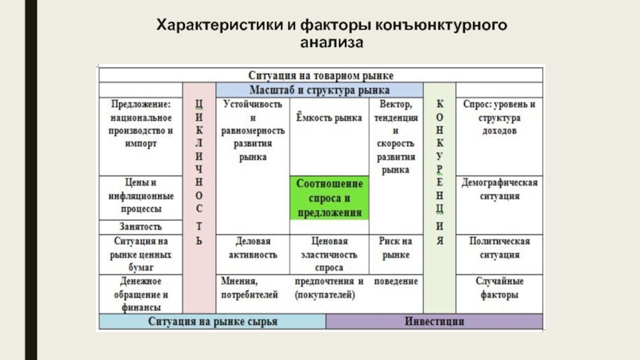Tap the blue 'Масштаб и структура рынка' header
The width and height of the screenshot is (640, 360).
320,90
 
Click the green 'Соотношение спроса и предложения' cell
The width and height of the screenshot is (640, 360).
330,198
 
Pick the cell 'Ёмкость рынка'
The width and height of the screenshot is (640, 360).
329,119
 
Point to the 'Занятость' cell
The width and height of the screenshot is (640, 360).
140,227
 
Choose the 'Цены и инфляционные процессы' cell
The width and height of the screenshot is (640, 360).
140,195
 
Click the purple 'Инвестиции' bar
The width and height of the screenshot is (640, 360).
434,322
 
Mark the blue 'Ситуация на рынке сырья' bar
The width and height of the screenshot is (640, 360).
212,322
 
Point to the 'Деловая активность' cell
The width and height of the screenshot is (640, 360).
253,247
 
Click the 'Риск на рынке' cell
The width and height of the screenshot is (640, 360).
395,247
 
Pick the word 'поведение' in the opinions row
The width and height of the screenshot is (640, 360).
395,282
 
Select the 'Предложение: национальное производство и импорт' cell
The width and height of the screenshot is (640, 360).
140,124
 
